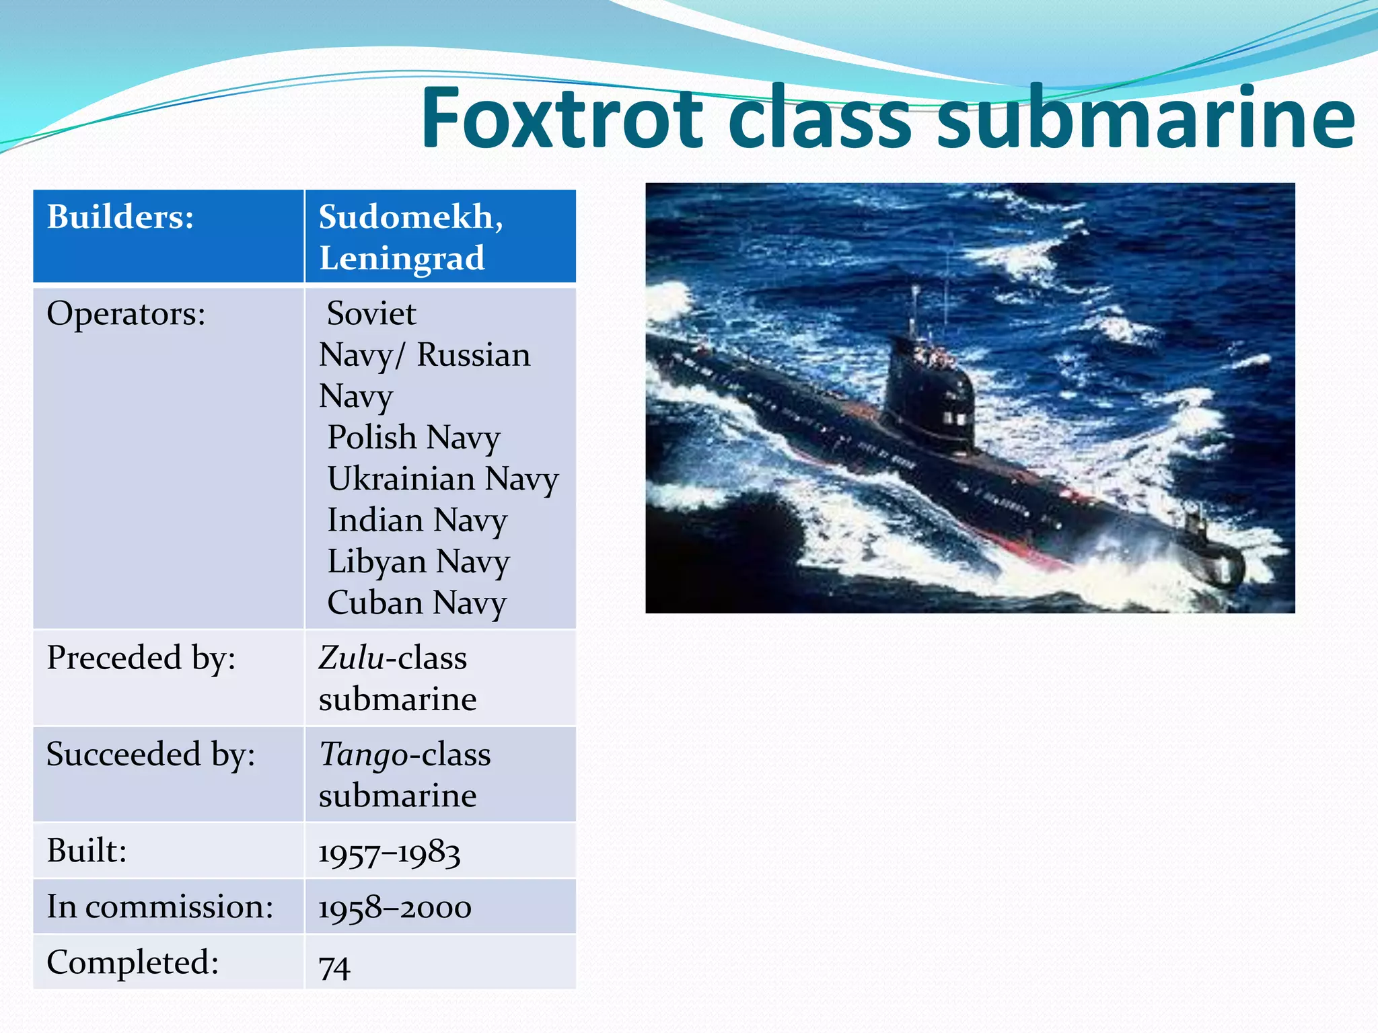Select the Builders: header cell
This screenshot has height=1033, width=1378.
pos(120,217)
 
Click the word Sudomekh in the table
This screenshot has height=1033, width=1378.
pos(407,217)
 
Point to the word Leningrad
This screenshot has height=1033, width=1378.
pos(402,258)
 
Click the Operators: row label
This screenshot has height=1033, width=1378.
pos(126,314)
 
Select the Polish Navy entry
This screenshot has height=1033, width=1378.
pos(414,438)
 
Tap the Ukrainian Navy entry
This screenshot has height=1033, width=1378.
pos(443,480)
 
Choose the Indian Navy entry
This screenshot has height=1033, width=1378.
pos(417,521)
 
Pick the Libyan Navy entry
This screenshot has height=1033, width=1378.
pos(419,562)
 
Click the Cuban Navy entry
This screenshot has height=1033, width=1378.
pos(416,603)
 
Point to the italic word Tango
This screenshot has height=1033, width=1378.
pos(362,755)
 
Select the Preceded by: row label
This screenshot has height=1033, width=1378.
pos(141,658)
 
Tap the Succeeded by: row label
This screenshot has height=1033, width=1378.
pos(151,755)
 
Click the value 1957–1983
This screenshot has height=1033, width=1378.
pos(389,853)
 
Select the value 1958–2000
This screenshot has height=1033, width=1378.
pos(394,908)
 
